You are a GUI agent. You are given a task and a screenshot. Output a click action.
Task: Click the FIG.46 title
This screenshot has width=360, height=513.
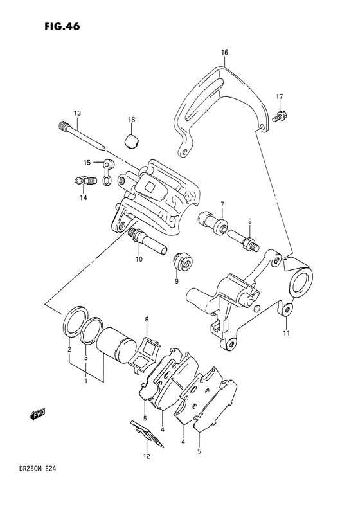coord(62,27)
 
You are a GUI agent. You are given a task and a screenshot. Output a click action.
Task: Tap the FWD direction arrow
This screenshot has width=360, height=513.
coord(37,414)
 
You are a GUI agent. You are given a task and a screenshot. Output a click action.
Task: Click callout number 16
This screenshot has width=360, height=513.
coord(224,52)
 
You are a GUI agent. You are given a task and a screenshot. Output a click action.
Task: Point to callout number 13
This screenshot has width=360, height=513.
coord(77,113)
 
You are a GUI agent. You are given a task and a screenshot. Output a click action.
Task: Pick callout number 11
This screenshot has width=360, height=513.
coord(286,334)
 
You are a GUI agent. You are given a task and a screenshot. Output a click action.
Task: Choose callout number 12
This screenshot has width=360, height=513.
coord(147,456)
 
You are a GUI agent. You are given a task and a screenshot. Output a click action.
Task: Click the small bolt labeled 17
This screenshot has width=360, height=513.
coord(278,116)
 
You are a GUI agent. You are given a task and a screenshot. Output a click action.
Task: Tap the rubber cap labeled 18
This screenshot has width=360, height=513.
coord(132,141)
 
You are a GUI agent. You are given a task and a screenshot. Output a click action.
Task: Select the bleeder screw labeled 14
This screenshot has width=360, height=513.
coord(84,181)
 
